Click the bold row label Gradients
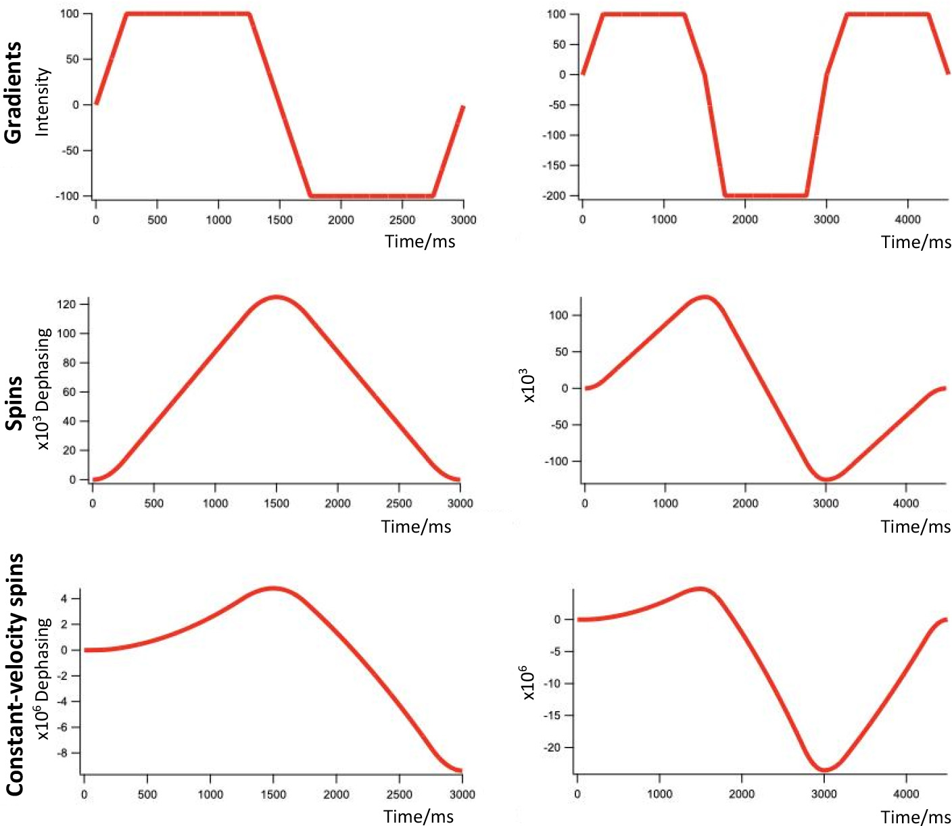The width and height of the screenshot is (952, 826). (14, 93)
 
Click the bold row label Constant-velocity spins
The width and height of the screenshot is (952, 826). (15, 675)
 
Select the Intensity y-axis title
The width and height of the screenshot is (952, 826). (43, 102)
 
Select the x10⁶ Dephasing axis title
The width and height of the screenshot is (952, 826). (44, 679)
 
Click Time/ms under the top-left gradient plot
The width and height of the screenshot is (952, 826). (420, 241)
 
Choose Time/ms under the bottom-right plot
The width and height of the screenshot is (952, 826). (915, 817)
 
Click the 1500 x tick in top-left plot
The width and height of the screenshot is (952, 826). (280, 220)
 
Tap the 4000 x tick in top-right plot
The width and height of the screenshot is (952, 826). (907, 220)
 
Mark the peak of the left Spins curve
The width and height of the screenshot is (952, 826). (276, 297)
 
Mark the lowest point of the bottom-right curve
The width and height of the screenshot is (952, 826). (824, 769)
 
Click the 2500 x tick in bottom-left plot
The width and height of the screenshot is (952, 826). (400, 794)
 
